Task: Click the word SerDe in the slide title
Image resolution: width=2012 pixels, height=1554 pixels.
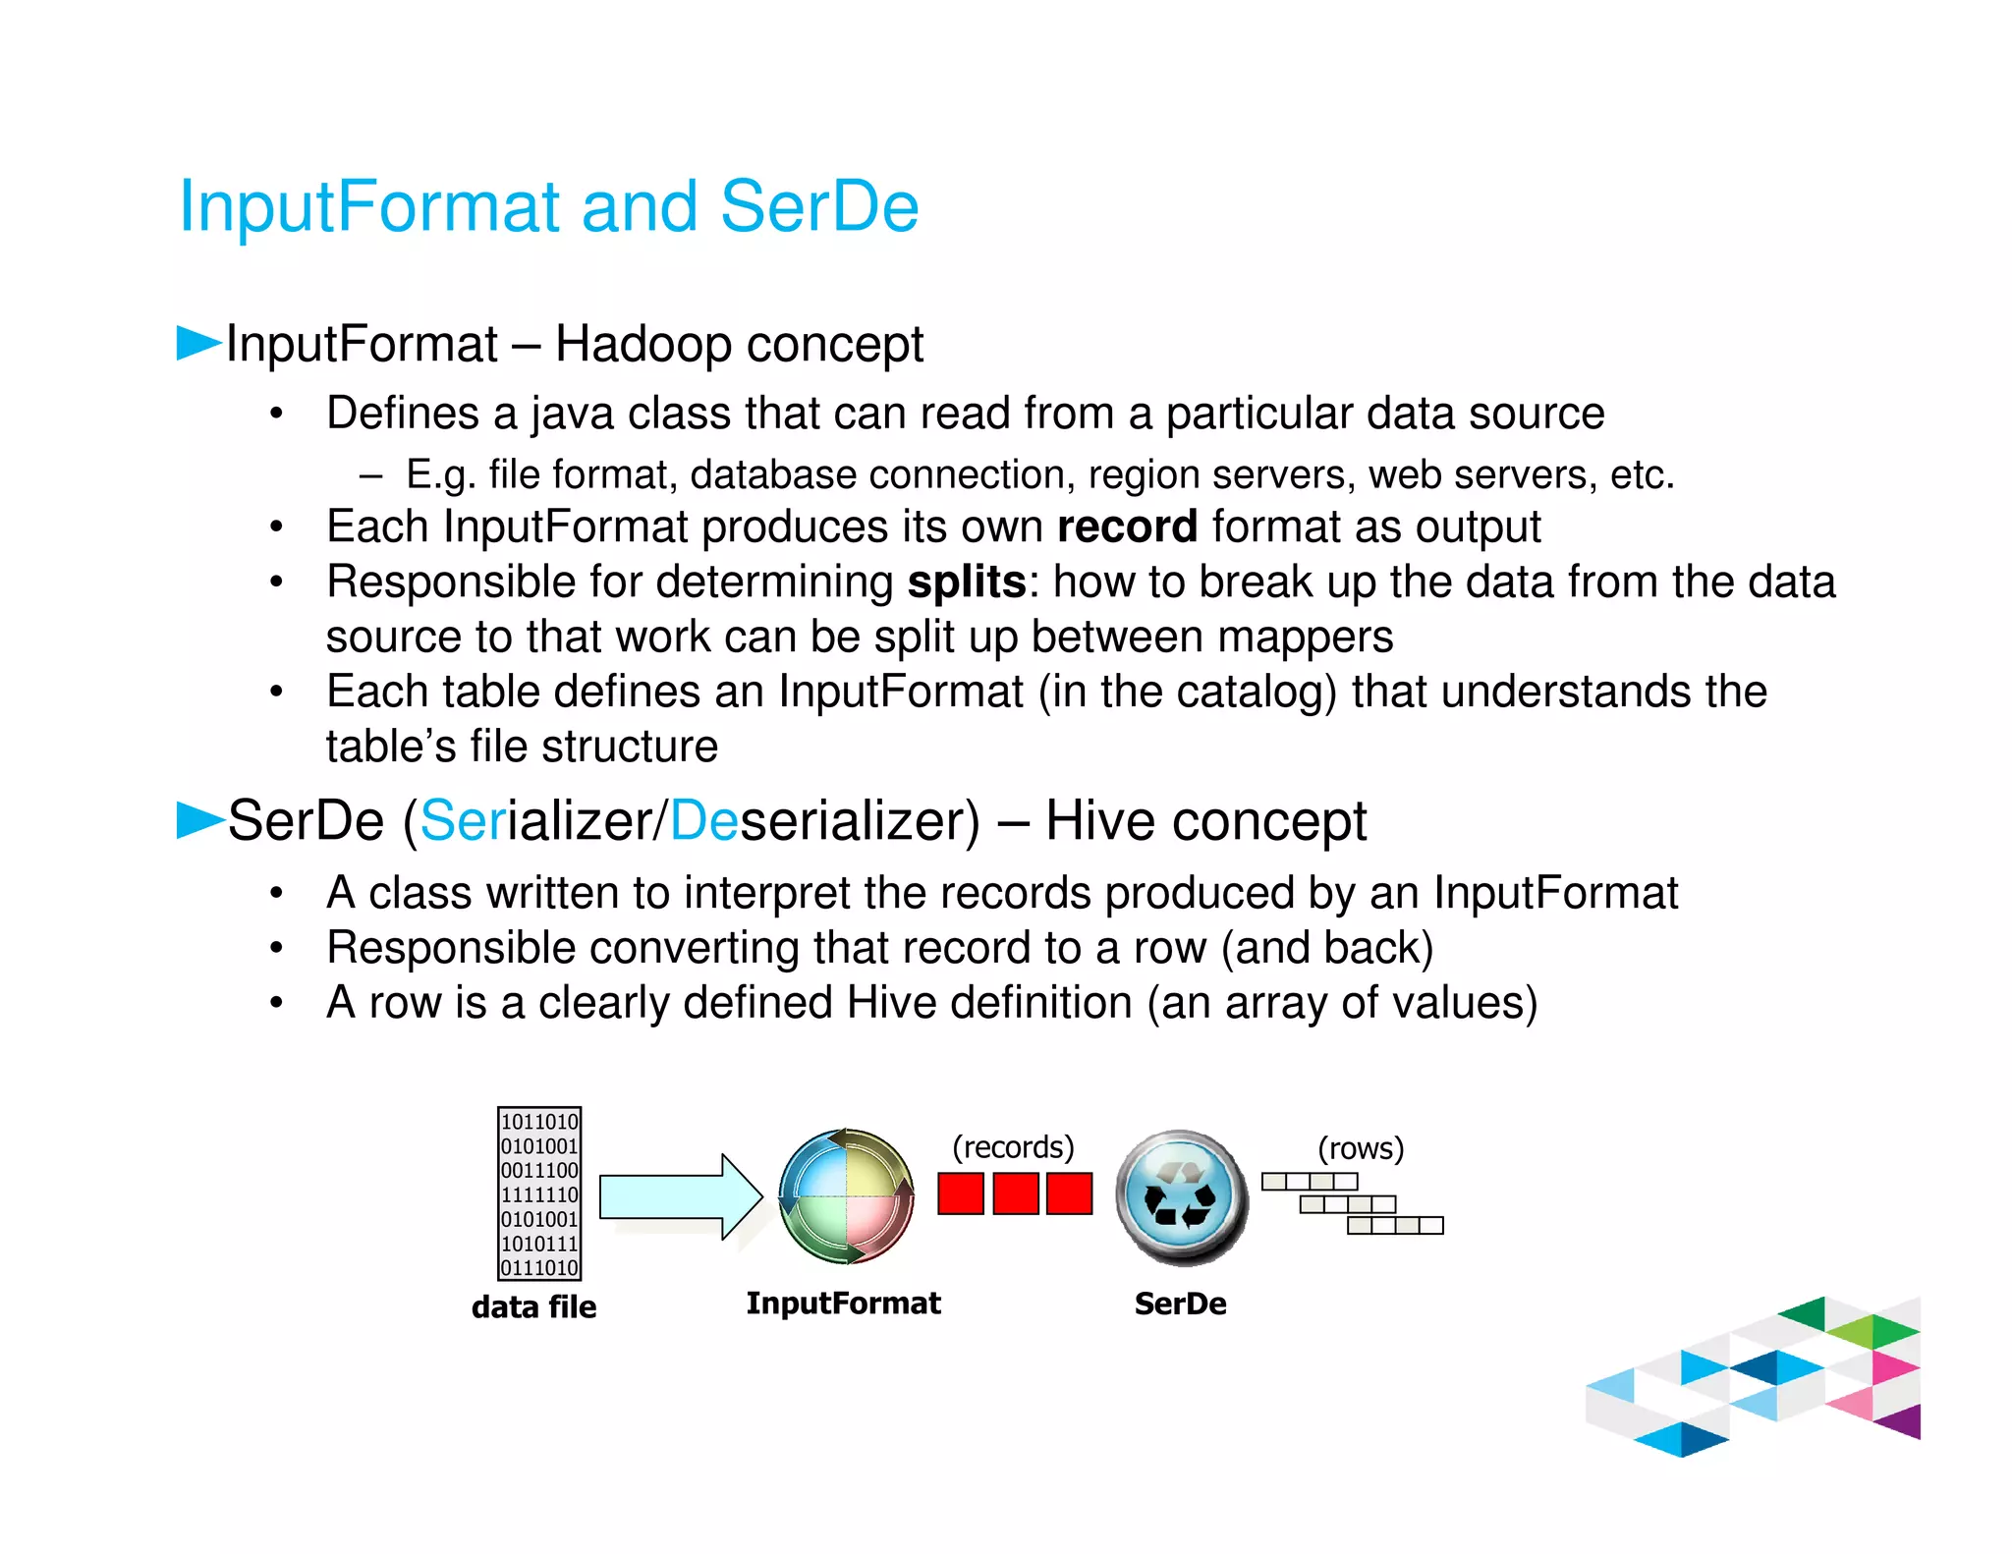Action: pos(819,207)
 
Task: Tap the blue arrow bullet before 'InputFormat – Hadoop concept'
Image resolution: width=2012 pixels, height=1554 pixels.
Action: pos(197,343)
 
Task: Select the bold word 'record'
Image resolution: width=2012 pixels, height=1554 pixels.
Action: pos(1127,527)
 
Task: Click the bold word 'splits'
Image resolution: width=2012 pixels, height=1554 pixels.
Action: pos(967,583)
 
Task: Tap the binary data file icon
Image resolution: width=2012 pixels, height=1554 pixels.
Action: pos(539,1193)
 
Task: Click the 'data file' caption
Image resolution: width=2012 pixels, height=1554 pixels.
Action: pos(533,1307)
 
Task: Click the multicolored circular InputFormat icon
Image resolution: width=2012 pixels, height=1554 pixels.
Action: pos(846,1195)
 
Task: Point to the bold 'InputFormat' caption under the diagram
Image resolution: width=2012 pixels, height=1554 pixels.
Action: pos(843,1304)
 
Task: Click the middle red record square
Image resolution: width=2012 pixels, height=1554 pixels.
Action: pos(1015,1193)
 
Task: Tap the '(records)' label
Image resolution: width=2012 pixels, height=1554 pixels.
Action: pos(1013,1147)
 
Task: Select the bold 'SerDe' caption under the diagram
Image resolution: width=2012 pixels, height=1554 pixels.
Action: pos(1180,1304)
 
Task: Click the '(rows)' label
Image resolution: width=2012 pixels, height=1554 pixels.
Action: pos(1361,1148)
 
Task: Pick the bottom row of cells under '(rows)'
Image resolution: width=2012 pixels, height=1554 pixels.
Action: pos(1395,1226)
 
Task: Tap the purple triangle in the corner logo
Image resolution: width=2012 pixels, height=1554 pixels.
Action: pos(1902,1421)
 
